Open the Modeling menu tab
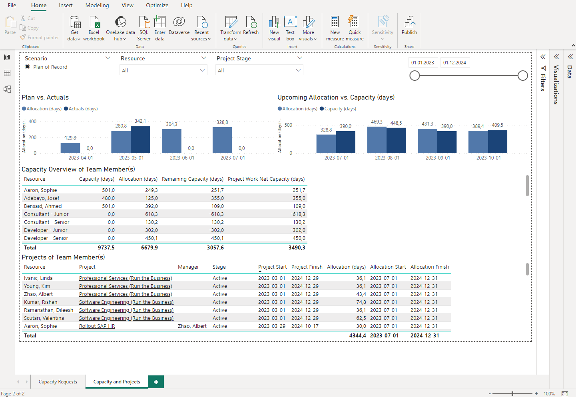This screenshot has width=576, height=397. click(97, 5)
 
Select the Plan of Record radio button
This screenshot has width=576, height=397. click(28, 67)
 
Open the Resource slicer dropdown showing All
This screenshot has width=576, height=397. click(163, 70)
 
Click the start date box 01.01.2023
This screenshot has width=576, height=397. click(423, 63)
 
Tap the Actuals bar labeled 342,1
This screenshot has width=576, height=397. click(140, 140)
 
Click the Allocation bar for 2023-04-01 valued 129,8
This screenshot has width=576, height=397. click(70, 148)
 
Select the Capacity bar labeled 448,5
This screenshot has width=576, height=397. click(396, 140)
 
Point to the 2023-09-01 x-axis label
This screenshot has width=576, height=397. click(438, 158)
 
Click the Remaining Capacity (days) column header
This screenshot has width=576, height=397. click(193, 179)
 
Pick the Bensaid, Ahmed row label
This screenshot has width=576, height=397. click(43, 206)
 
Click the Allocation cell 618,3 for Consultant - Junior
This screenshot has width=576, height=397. click(151, 214)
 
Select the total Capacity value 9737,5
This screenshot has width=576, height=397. click(106, 248)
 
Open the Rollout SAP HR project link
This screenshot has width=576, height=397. click(97, 326)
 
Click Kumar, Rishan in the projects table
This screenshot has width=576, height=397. click(41, 302)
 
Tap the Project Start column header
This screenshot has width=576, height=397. click(272, 267)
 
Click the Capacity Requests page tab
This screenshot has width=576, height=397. click(58, 382)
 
